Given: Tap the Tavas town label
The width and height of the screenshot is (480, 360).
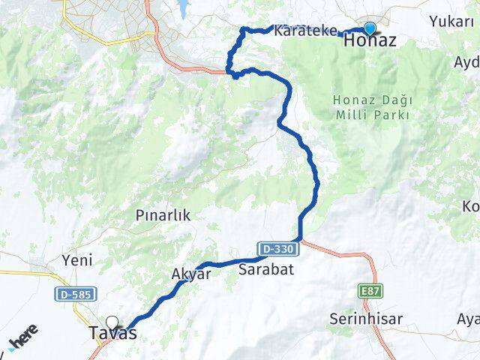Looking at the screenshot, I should (x=112, y=334).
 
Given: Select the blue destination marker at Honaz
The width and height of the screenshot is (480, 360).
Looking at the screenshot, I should (x=369, y=28).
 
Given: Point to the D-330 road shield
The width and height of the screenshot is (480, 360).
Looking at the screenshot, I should (x=279, y=247).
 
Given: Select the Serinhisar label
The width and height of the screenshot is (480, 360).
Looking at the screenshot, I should (x=365, y=319).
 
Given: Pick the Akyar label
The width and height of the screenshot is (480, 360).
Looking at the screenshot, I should (x=191, y=274).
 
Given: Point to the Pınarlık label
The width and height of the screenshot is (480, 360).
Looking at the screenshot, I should (x=163, y=215).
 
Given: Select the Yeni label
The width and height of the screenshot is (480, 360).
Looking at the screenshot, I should (x=78, y=260).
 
